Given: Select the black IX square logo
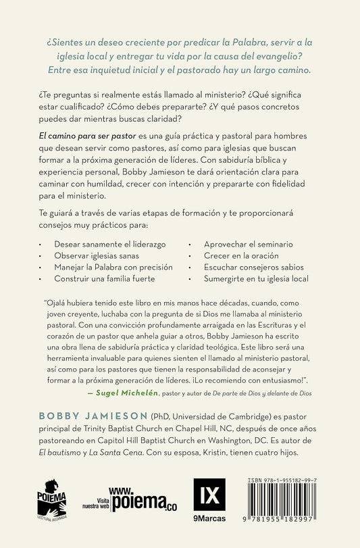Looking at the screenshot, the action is [x=206, y=495].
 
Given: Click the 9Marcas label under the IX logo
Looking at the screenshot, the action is [x=206, y=518].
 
